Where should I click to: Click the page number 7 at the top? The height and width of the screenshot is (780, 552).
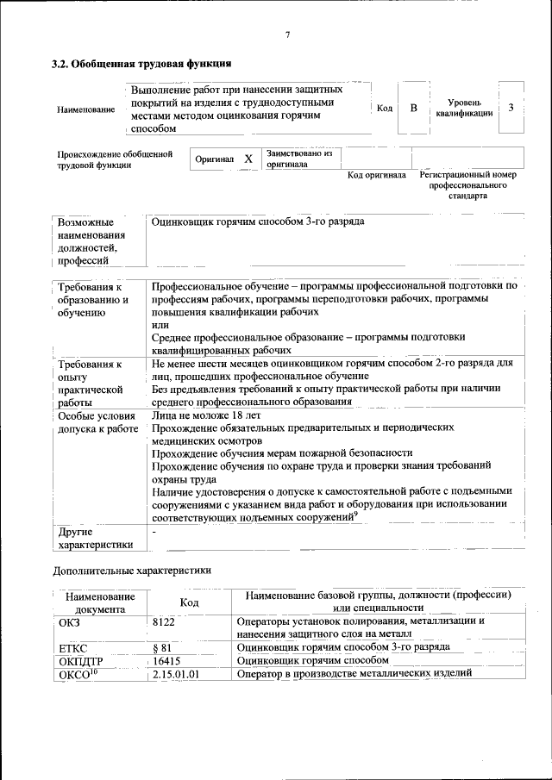(287, 34)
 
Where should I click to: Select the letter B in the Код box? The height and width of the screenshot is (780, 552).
(414, 109)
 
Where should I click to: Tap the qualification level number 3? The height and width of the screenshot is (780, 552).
(511, 108)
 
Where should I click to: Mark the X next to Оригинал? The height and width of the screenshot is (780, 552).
(248, 159)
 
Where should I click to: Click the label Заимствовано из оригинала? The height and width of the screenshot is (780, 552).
(299, 158)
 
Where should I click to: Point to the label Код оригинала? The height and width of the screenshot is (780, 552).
(376, 176)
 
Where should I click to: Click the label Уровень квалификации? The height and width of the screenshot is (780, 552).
(464, 108)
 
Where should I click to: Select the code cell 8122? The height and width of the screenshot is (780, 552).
(163, 621)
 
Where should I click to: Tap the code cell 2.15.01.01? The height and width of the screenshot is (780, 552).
(175, 674)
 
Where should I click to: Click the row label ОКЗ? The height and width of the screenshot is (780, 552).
(70, 621)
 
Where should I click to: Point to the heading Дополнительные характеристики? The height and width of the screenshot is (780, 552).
(132, 570)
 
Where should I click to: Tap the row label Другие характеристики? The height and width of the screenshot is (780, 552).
(95, 538)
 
